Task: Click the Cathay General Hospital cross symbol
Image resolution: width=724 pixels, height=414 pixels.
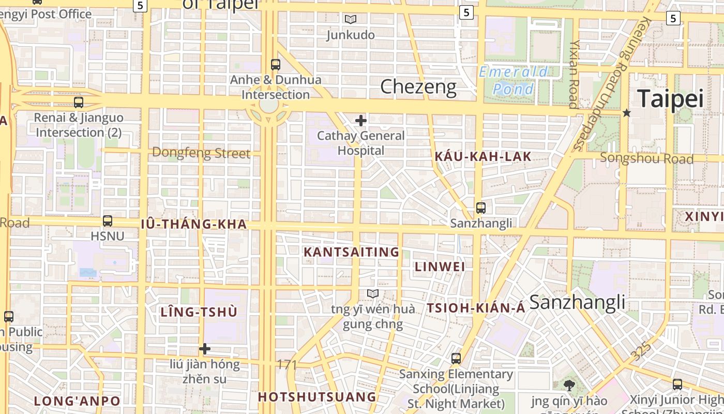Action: tap(361, 121)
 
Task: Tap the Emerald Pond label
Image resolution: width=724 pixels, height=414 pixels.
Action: tap(513, 80)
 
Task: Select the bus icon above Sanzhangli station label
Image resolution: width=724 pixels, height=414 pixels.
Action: tap(481, 208)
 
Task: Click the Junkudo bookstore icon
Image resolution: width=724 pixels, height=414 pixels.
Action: tap(351, 20)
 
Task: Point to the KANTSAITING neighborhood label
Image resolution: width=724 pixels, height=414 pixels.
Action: tap(351, 252)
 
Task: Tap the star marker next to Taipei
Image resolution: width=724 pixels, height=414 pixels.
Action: tap(627, 112)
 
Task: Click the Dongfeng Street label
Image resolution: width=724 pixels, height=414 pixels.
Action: tap(201, 153)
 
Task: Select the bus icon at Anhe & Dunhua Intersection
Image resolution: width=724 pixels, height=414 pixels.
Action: tap(276, 65)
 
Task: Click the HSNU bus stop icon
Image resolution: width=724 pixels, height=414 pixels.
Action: tap(108, 221)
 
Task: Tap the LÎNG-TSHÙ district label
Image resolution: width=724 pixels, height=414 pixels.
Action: tap(199, 312)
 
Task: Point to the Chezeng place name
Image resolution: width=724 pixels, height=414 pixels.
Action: tap(418, 87)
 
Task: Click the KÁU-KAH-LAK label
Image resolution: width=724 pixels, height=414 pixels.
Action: tap(483, 157)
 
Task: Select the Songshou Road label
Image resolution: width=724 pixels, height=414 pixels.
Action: tap(646, 158)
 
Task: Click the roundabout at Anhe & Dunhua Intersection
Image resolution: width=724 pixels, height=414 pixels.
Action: tap(269, 106)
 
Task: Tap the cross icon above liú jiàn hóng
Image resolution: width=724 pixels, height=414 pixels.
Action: tap(205, 349)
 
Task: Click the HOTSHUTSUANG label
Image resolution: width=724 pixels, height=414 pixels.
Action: tap(317, 397)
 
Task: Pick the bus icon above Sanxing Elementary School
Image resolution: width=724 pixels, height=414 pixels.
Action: tap(456, 358)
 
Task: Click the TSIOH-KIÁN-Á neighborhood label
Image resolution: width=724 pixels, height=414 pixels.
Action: tap(476, 308)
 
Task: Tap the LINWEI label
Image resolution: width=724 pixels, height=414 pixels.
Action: tap(440, 267)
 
